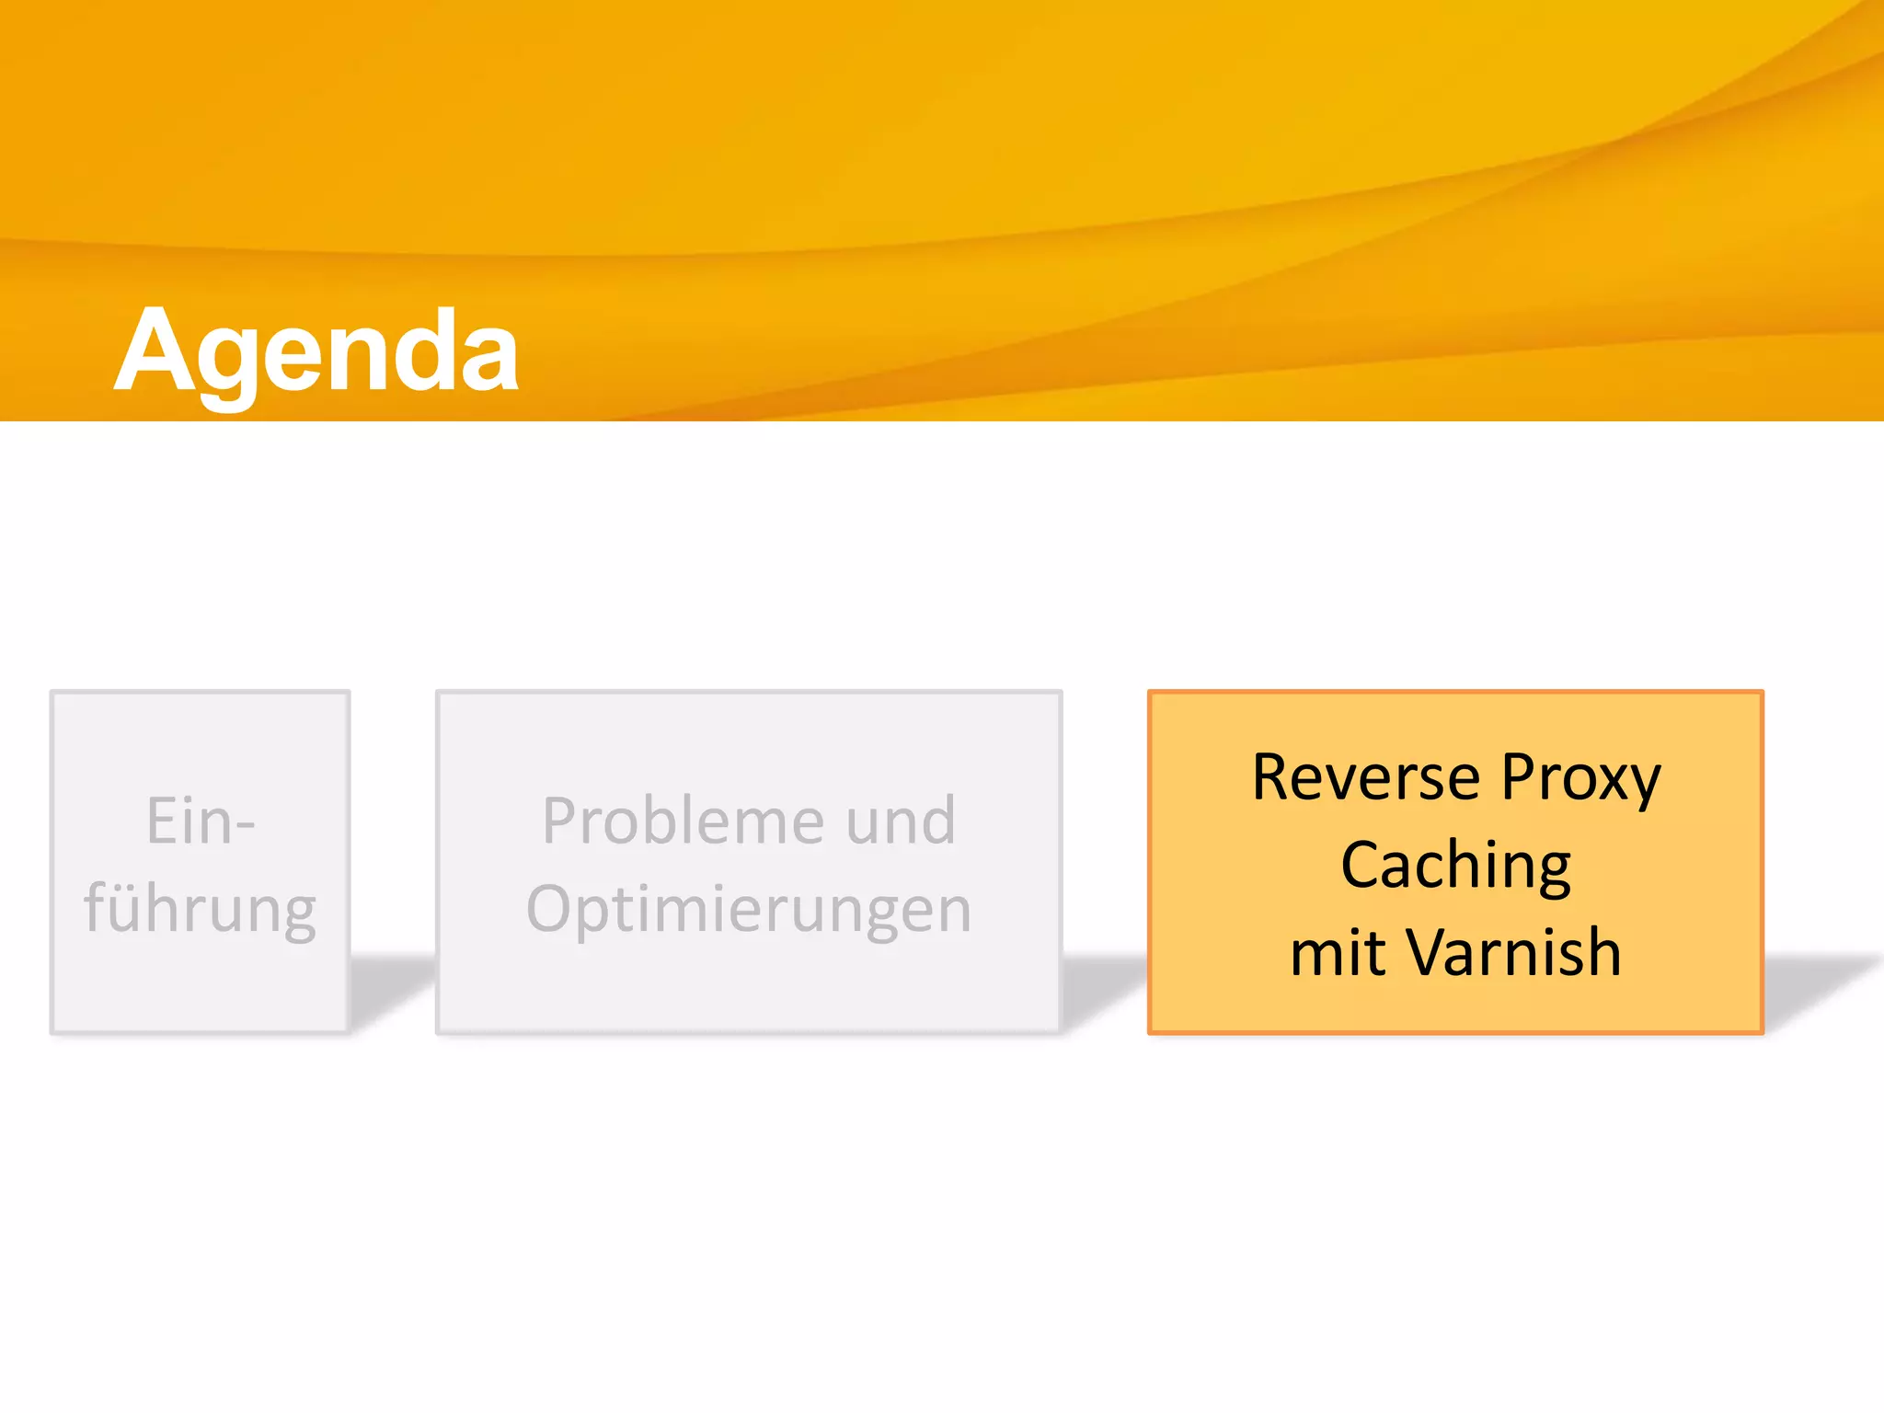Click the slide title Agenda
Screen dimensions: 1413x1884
click(x=316, y=352)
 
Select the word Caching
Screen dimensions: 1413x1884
click(x=1455, y=867)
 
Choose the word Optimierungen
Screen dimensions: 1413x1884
click(x=748, y=910)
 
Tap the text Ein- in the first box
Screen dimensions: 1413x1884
click(x=200, y=821)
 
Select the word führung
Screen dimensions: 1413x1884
click(x=200, y=910)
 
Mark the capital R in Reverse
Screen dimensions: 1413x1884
click(x=1273, y=778)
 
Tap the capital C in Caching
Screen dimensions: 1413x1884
click(x=1361, y=867)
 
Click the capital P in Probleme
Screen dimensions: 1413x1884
click(x=560, y=821)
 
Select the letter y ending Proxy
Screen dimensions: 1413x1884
click(x=1645, y=784)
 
